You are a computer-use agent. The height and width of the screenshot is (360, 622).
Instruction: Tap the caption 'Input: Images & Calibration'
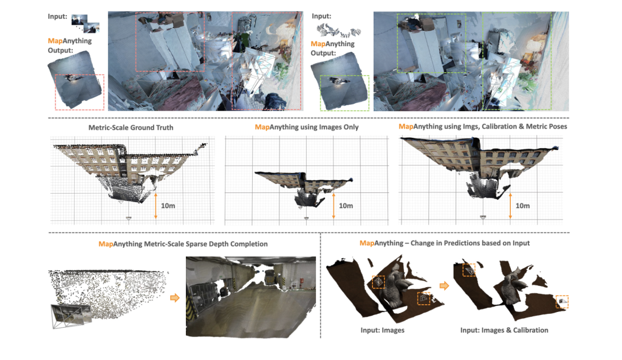tap(504, 330)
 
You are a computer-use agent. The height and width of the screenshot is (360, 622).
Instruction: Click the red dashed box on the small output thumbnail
tap(79, 91)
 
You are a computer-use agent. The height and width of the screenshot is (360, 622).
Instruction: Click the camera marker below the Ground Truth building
tap(128, 217)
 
